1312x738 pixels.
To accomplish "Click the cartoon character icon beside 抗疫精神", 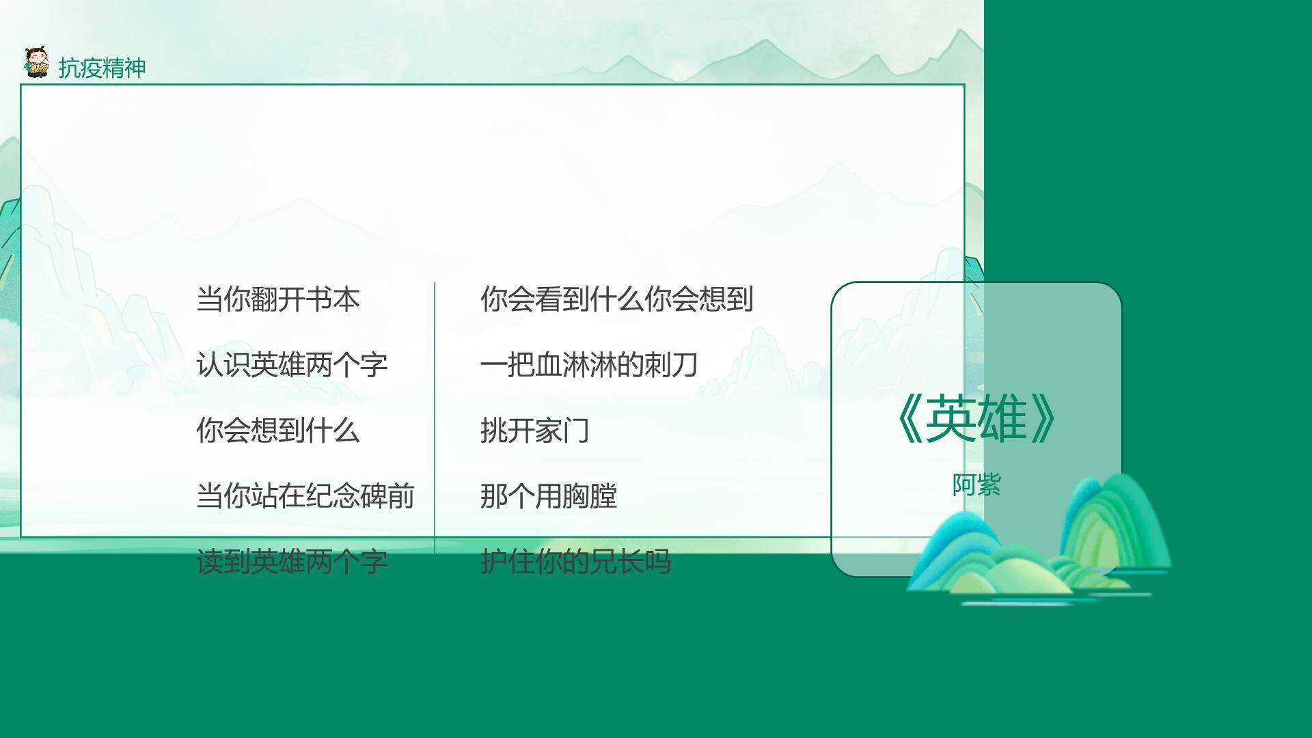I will tap(36, 64).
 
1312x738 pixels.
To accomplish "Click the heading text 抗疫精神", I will tap(102, 68).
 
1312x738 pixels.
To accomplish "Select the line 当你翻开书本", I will tap(277, 299).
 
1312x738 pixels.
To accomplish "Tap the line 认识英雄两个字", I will tap(292, 365).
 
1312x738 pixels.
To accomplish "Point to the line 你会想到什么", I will tap(277, 430).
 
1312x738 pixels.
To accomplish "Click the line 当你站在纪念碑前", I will tap(305, 496).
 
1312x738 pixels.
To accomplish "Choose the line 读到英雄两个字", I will tap(292, 562).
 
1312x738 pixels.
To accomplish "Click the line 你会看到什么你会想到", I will tap(616, 299).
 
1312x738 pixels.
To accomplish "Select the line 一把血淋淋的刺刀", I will tap(588, 365).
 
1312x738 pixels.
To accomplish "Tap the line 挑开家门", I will tap(534, 430).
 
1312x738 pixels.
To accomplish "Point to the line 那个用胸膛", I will tap(548, 496).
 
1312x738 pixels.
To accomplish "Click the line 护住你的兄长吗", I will tap(575, 562).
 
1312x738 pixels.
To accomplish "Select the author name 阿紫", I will tap(976, 485).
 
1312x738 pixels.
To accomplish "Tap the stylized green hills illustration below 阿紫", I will tap(1039, 547).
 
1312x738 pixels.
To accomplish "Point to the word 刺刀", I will tap(670, 365).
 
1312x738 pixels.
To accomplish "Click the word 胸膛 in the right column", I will tap(589, 496).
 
